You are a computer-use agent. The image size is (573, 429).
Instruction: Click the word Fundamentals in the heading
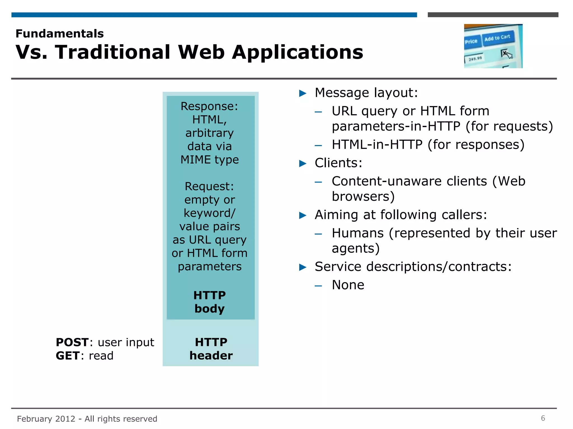coord(60,34)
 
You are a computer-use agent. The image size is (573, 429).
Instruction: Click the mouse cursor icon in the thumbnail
coord(507,54)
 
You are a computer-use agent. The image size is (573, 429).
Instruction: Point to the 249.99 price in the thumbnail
coord(475,59)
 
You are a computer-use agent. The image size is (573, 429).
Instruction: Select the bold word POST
coord(72,342)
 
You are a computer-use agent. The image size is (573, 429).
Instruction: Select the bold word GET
coord(67,356)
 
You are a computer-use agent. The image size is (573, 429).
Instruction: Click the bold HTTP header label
coord(211,349)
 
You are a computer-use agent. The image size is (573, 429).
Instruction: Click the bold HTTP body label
coord(210,302)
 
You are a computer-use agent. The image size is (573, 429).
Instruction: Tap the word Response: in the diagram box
coord(209,106)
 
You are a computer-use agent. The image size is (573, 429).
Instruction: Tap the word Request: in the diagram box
coord(209,186)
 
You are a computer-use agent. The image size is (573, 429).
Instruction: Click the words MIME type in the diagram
coord(210,160)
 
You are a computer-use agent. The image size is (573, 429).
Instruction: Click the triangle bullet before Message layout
coord(303,93)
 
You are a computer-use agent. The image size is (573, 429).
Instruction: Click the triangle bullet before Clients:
coord(303,163)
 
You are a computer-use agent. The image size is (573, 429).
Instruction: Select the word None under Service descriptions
coord(348,285)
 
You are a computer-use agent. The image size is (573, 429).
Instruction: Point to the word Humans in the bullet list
coord(358,233)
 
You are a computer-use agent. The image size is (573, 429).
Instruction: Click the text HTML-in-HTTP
coord(377,145)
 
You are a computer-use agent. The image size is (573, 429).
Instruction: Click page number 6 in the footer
coord(543,418)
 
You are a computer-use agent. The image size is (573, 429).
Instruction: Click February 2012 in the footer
coord(46,419)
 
